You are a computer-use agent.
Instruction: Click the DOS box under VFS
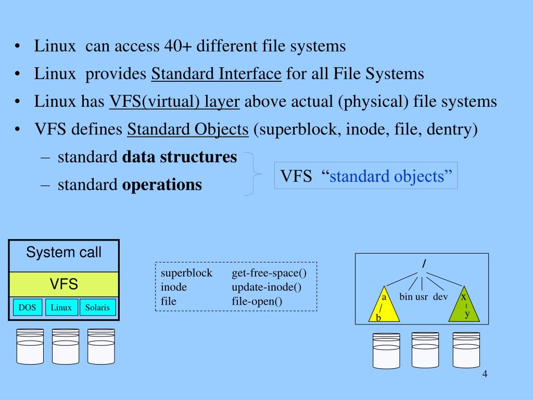[x=27, y=307]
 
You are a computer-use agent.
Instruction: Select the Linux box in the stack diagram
[x=61, y=307]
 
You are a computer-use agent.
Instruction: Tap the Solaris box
[x=98, y=307]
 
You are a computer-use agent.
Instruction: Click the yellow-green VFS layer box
[x=64, y=284]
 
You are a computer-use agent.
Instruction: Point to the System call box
[x=64, y=254]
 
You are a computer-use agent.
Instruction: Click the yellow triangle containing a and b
[x=384, y=307]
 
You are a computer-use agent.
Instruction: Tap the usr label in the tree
[x=422, y=297]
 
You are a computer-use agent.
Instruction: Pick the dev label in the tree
[x=440, y=297]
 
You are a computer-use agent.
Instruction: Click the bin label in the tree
[x=406, y=297]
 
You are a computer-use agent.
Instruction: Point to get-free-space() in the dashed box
[x=269, y=273]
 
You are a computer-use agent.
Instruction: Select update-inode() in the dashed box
[x=266, y=287]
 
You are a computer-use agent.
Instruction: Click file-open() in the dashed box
[x=257, y=301]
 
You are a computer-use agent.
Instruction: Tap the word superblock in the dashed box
[x=186, y=273]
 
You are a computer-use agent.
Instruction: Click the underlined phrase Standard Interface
[x=217, y=74]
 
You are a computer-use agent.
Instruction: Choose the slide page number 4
[x=485, y=375]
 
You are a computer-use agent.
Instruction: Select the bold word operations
[x=162, y=184]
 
